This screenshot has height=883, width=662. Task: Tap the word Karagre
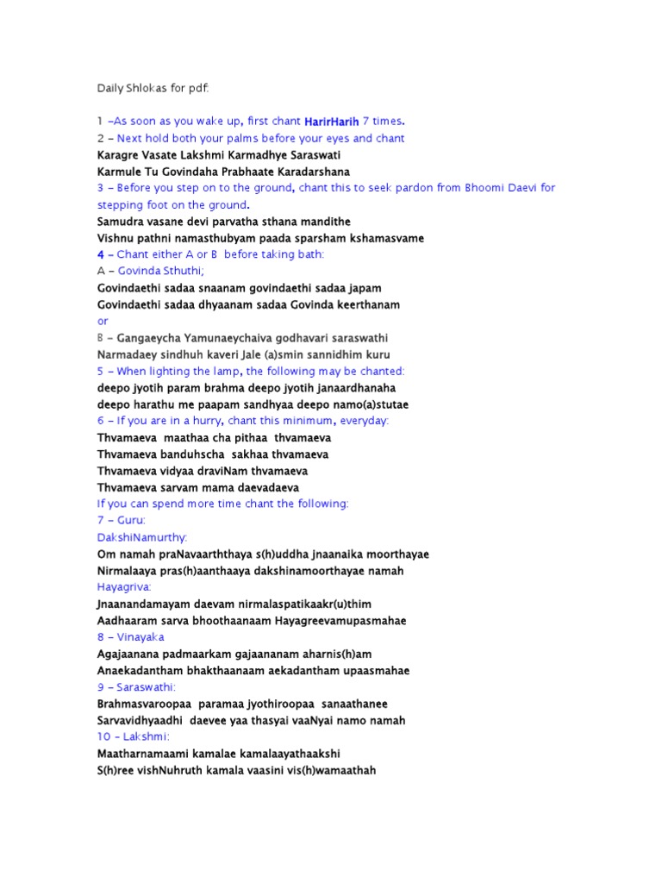tap(121, 154)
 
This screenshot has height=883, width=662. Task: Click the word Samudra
tap(122, 222)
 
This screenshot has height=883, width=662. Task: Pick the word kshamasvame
tap(384, 238)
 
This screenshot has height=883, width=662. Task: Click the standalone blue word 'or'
tap(103, 321)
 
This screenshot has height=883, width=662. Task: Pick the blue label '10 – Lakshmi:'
tap(134, 736)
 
